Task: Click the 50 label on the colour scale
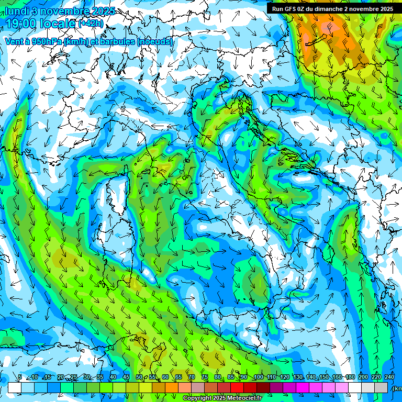(x=139, y=377)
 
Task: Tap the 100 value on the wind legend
(x=259, y=377)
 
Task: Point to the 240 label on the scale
(x=389, y=377)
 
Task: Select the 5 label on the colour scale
(x=20, y=377)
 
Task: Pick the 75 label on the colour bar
(x=205, y=377)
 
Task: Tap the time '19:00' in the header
(x=23, y=24)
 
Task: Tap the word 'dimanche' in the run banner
(x=328, y=9)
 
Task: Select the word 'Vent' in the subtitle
(x=14, y=42)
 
